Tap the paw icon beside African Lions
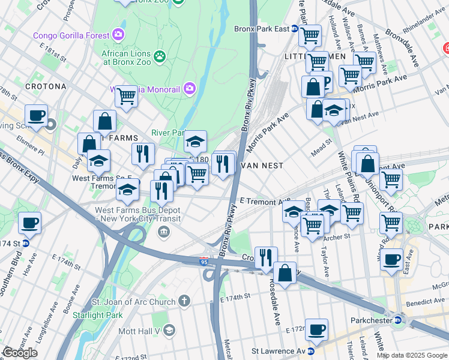point(159,57)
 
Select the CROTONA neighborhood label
point(46,86)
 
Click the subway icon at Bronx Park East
point(295,29)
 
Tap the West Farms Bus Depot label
point(139,215)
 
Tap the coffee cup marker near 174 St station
point(29,223)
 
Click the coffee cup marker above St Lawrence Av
point(316,329)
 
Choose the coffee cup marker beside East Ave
point(391,259)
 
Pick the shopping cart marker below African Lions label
point(126,95)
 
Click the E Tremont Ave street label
point(264,202)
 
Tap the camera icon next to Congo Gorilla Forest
point(119,35)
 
